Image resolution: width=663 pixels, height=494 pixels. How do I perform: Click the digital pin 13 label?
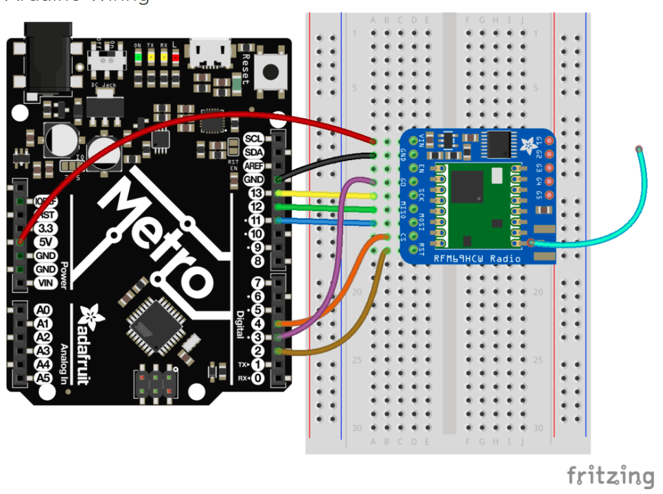pos(256,193)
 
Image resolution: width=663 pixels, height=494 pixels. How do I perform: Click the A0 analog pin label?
pos(43,311)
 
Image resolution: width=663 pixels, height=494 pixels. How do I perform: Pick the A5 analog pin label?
pos(43,378)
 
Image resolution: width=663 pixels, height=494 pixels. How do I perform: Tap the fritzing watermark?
pos(610,475)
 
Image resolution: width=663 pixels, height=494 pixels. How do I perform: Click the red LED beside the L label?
pos(175,57)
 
